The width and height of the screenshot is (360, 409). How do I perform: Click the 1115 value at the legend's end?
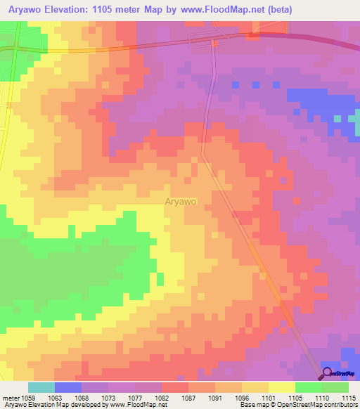(x=347, y=398)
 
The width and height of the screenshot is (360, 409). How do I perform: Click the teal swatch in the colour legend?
(x=41, y=387)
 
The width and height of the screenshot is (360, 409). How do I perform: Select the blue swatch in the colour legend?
(x=68, y=387)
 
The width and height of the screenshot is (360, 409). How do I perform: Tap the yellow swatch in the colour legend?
(x=281, y=387)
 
